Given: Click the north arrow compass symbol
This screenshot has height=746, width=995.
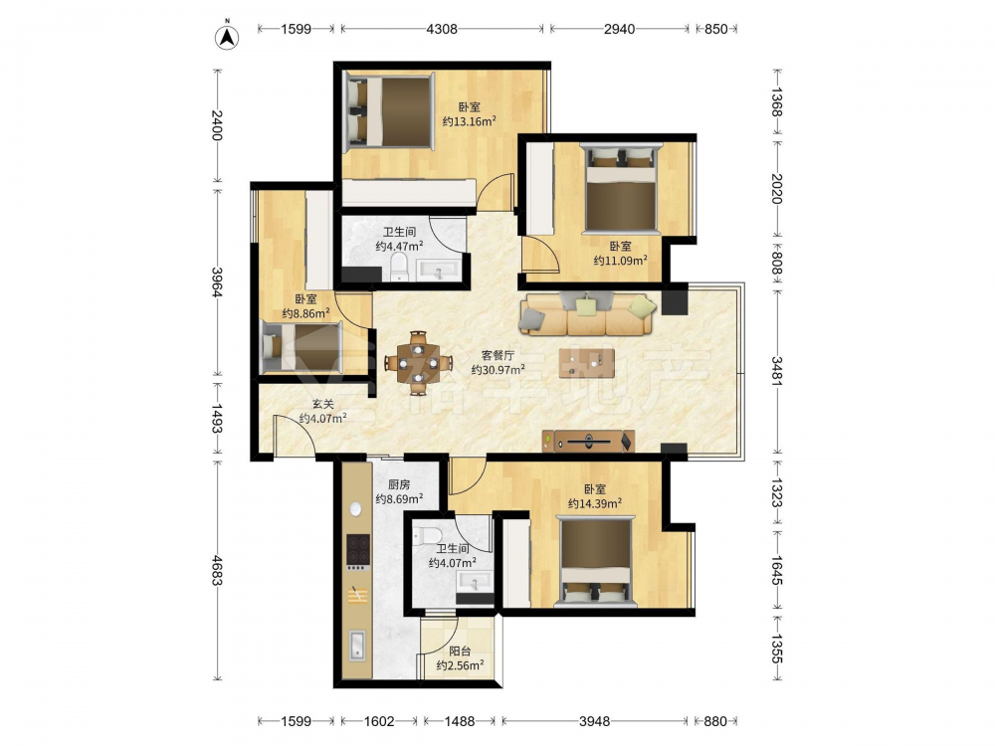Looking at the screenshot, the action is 227,37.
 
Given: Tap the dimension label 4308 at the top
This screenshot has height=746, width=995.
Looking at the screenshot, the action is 442,29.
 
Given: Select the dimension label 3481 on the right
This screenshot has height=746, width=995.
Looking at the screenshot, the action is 777,370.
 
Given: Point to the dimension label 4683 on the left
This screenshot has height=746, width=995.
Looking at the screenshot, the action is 217,570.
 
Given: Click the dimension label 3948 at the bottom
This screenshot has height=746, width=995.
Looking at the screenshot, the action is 595,721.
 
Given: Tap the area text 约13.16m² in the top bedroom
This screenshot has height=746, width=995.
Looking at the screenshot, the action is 469,121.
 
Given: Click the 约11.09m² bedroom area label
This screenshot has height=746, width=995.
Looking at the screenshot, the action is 621,260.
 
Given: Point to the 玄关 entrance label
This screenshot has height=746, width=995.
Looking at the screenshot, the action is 323,404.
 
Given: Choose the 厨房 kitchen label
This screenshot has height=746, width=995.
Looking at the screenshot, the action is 399,484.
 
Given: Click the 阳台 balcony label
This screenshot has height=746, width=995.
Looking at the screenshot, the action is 460,651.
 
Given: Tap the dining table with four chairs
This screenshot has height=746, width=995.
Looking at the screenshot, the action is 418,363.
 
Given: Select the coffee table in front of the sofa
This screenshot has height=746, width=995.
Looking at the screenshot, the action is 587,363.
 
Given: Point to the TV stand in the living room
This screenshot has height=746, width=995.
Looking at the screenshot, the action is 588,441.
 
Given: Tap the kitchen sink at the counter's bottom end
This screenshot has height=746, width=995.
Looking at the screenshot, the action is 357,646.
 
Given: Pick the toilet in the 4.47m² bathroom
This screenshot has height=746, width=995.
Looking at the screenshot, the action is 399,267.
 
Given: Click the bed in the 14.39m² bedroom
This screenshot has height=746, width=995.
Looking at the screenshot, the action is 595,562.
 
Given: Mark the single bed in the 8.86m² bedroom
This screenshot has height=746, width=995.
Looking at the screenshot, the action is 302,346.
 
